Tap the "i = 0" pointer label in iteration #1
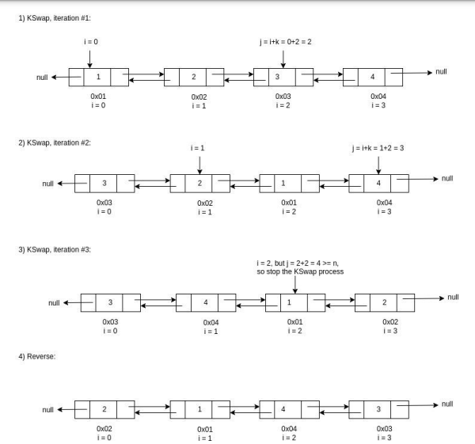click(89, 40)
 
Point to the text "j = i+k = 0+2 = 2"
click(282, 40)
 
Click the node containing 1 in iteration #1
click(98, 77)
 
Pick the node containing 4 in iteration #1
click(372, 77)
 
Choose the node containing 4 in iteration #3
click(206, 302)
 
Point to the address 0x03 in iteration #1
click(283, 96)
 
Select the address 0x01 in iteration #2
click(288, 203)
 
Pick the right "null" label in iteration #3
click(452, 297)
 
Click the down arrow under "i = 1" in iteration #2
click(199, 163)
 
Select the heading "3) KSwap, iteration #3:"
click(54, 249)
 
